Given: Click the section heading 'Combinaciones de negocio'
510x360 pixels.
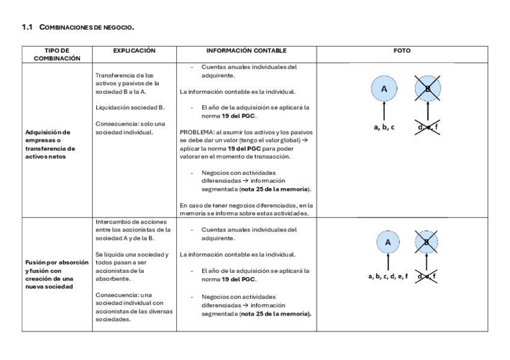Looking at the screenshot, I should coord(87,28).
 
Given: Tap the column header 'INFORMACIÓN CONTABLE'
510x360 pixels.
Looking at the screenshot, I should coord(246,50).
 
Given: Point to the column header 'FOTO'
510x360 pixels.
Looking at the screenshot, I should coord(402,50).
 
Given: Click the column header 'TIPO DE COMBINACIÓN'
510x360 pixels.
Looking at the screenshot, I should coord(57,54).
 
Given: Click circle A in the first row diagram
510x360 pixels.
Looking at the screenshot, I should coord(384,90).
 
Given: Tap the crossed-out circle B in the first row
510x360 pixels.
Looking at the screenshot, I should coord(428,90).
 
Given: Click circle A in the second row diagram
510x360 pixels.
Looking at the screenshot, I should coord(388,243).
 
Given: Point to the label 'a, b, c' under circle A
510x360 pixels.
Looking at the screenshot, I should coord(384,127).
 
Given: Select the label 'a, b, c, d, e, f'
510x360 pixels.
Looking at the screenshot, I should coord(388,276).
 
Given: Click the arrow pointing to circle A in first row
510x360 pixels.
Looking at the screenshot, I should coord(384,112).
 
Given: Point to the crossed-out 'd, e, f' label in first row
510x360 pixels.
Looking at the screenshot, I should coord(428,127).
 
